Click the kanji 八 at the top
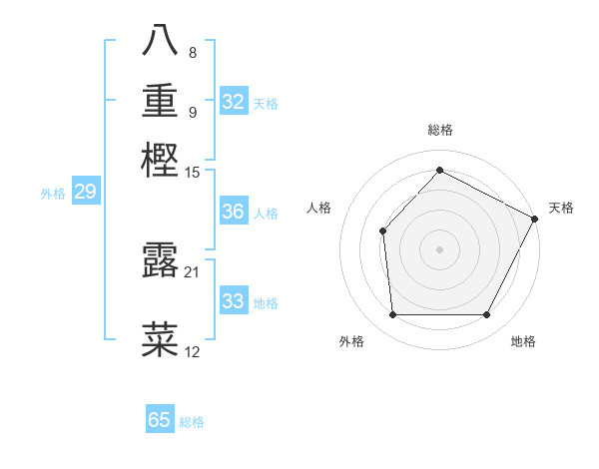[161, 41]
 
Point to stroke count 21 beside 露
[193, 271]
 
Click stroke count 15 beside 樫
[193, 172]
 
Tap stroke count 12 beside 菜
[193, 351]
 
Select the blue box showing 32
[234, 102]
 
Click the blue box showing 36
[234, 212]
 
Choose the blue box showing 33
[234, 301]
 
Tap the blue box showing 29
[85, 192]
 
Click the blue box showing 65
[160, 420]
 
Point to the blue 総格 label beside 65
[192, 422]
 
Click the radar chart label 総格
[439, 130]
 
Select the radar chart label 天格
[561, 208]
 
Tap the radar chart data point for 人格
[382, 232]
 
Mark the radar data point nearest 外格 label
[392, 315]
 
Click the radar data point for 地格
[487, 315]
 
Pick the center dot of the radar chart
[439, 249]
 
